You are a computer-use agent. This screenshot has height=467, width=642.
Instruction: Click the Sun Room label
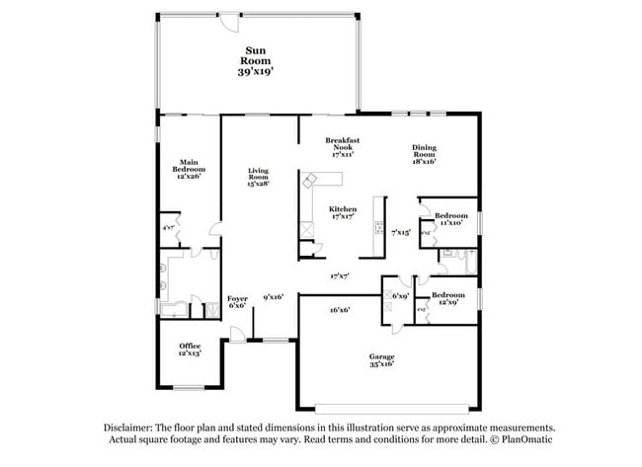pos(257,53)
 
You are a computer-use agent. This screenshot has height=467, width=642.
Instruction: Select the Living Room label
pos(259,174)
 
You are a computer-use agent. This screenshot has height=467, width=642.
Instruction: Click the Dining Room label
pos(424,151)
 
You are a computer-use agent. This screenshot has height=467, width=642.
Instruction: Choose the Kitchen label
pos(343,209)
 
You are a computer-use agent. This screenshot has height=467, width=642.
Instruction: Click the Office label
pos(190,346)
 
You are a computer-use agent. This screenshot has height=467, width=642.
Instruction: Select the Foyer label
pos(238,297)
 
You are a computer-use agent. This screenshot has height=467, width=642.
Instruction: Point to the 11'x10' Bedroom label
pos(451,215)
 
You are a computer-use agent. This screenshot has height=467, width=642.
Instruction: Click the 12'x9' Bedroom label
pos(447,294)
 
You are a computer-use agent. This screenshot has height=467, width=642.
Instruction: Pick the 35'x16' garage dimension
pos(381,364)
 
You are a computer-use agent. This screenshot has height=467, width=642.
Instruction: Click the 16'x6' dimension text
pos(341,309)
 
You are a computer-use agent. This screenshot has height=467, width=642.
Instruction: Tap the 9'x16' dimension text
pos(274,296)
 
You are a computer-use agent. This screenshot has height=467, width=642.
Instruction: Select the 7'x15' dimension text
pos(401,232)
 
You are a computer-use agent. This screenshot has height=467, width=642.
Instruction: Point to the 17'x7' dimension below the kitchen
pos(342,275)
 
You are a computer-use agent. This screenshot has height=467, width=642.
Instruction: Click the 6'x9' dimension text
pos(400,296)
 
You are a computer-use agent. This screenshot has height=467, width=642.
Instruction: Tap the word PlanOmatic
pos(524,439)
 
